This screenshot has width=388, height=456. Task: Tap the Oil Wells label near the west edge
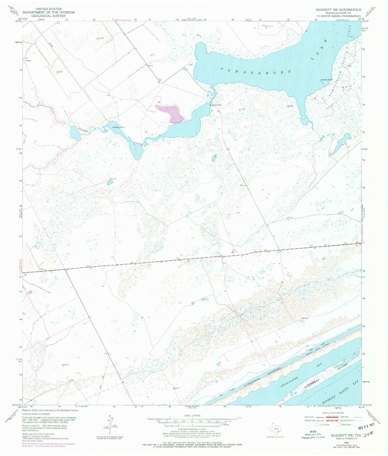point(28,61)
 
